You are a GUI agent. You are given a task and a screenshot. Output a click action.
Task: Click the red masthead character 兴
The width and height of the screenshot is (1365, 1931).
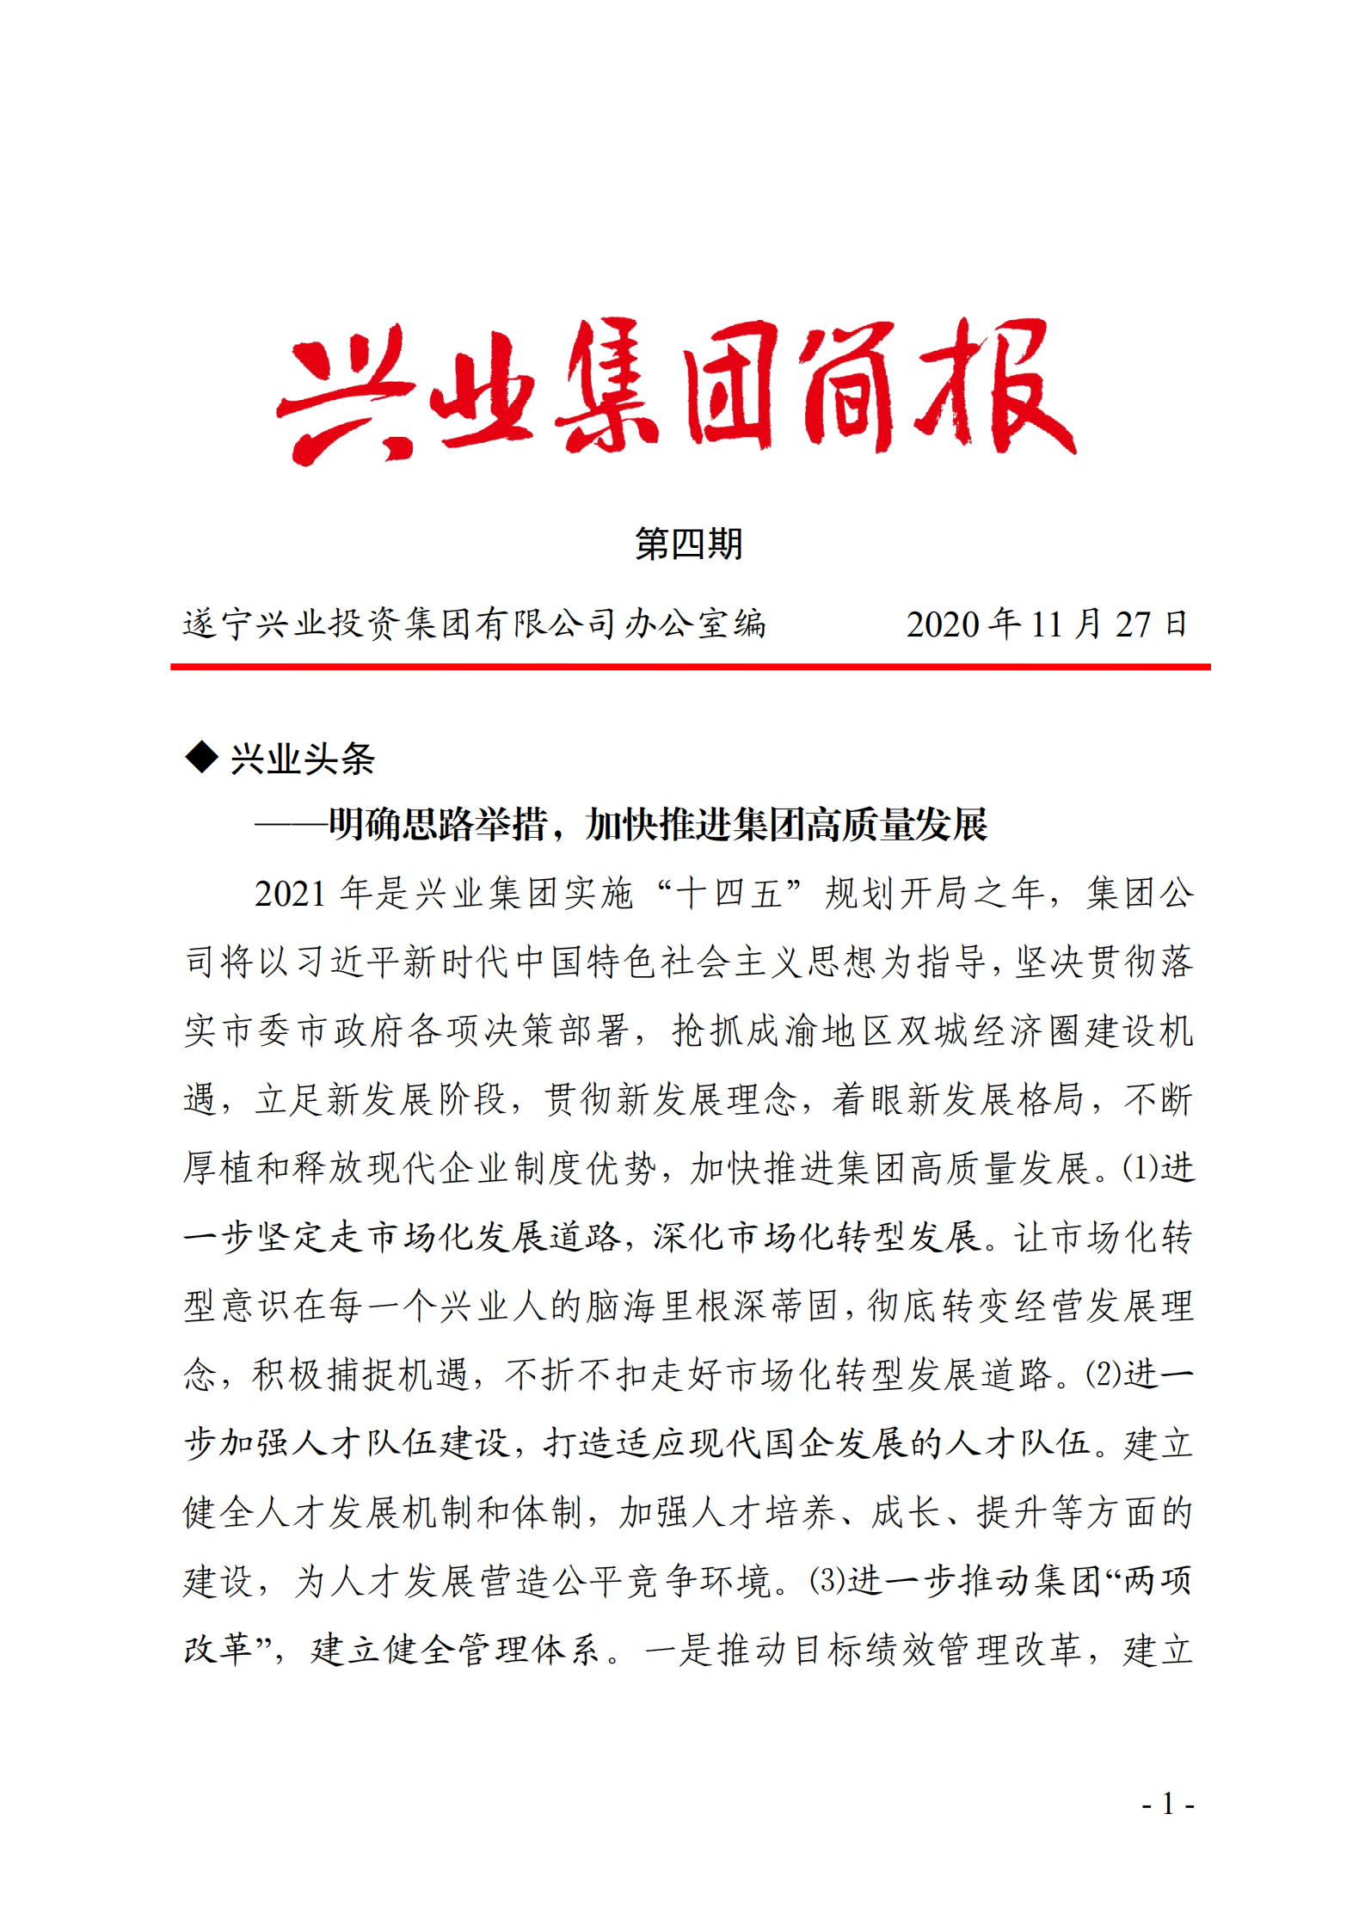coord(344,391)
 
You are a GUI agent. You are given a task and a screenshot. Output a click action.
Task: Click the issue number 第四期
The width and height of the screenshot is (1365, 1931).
coord(688,544)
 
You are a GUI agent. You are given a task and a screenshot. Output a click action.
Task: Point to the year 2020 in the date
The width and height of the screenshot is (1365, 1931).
coord(944,624)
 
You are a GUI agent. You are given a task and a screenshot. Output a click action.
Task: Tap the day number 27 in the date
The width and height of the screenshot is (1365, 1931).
coord(1133,624)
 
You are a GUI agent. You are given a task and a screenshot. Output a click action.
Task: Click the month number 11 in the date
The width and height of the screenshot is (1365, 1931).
coord(1046,624)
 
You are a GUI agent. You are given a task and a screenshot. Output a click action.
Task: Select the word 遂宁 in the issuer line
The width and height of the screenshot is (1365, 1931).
coord(218,624)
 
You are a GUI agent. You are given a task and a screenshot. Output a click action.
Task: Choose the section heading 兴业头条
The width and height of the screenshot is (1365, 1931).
coord(302,759)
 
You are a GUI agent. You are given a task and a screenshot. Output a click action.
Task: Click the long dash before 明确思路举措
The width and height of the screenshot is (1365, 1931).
coord(291,825)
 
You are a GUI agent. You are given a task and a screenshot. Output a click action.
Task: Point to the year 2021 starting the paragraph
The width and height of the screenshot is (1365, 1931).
coord(290,895)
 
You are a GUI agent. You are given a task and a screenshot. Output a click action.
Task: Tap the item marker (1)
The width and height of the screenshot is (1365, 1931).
coord(1141,1168)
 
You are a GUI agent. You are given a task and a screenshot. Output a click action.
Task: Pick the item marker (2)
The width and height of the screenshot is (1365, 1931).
coord(1104,1374)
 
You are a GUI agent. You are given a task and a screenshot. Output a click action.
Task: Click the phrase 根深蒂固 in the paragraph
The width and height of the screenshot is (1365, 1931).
coord(766,1306)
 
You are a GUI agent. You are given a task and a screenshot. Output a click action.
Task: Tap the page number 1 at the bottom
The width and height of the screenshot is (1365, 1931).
coord(1167,1804)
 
